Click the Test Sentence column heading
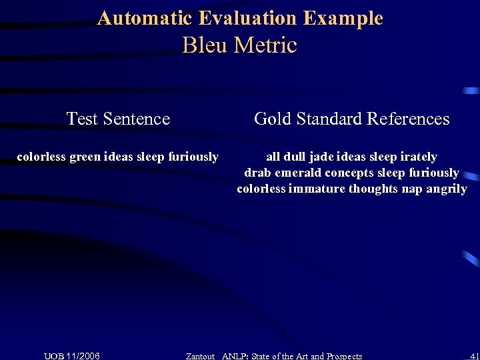[118, 119]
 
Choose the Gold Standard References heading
[352, 119]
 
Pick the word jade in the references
[323, 157]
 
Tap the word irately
[418, 157]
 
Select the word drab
[257, 173]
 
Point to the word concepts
[351, 173]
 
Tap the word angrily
[445, 189]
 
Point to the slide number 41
[474, 356]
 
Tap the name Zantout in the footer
[200, 356]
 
